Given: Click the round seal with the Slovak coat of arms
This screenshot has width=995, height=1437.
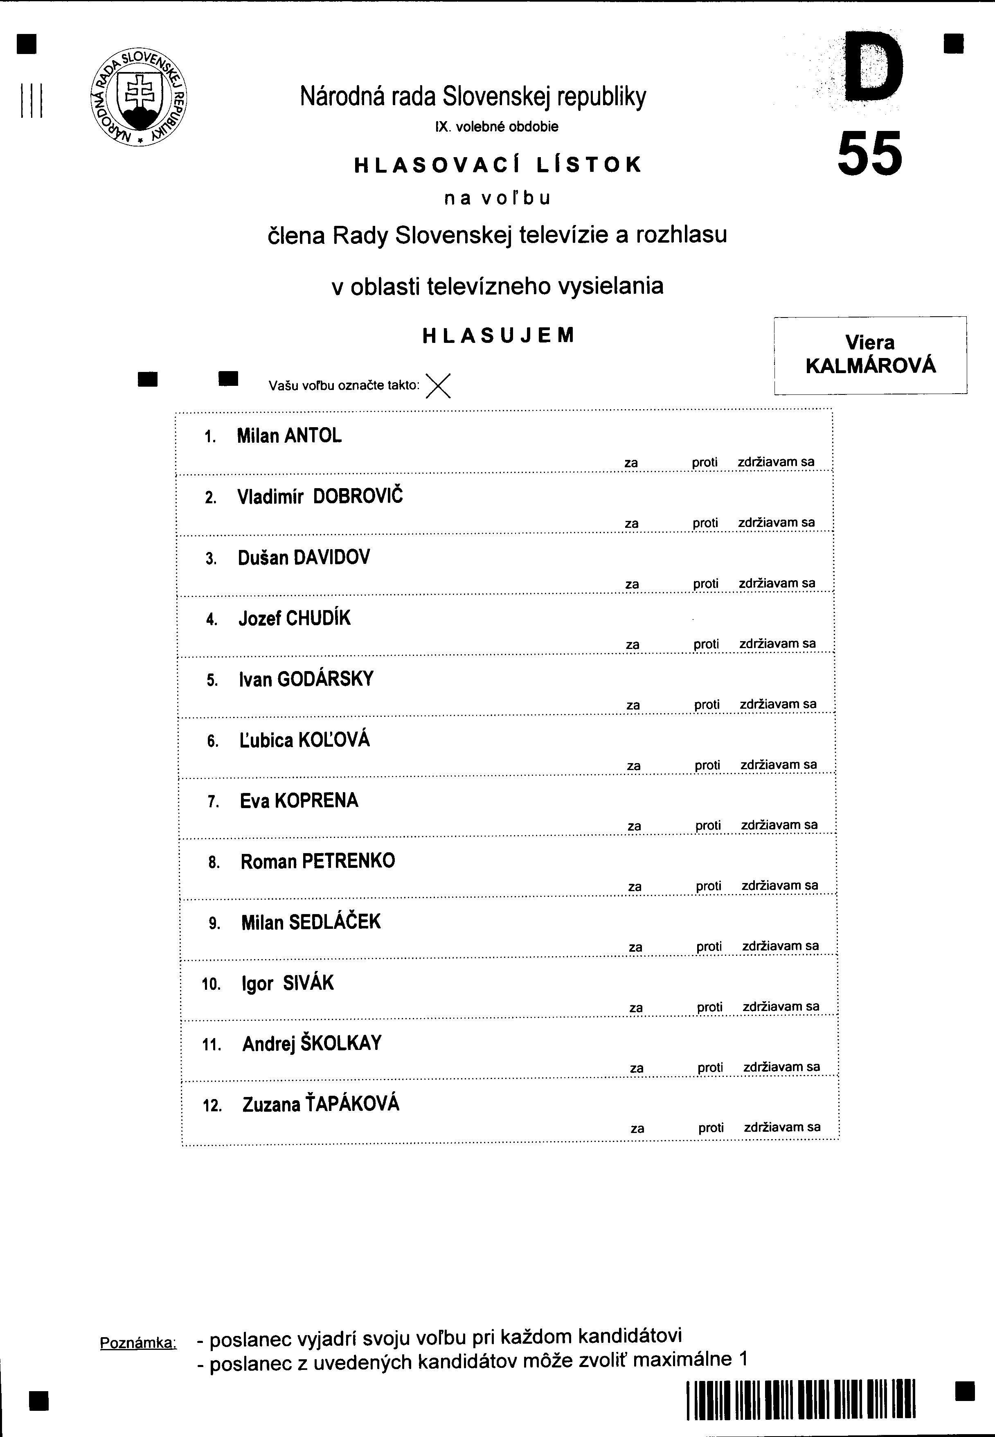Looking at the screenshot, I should [x=138, y=97].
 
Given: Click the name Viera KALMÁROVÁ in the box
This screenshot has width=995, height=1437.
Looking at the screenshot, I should [x=870, y=354].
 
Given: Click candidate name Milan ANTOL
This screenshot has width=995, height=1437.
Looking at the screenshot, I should [x=289, y=436].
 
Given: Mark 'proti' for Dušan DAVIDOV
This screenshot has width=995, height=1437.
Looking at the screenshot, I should [x=706, y=583].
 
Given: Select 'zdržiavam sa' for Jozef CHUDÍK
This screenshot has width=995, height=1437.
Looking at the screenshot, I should [x=777, y=643].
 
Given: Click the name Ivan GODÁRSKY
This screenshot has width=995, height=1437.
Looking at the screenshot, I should [x=306, y=679].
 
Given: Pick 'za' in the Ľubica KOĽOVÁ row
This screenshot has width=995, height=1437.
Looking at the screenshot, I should [x=633, y=766].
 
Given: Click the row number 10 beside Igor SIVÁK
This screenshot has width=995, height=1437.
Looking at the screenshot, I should [x=212, y=984].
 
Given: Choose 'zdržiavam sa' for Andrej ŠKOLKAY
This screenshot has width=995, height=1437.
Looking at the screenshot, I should [x=782, y=1067].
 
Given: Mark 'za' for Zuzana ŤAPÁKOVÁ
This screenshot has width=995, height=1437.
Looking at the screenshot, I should [x=637, y=1128].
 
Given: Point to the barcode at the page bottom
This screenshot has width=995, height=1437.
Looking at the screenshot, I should [x=801, y=1400].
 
